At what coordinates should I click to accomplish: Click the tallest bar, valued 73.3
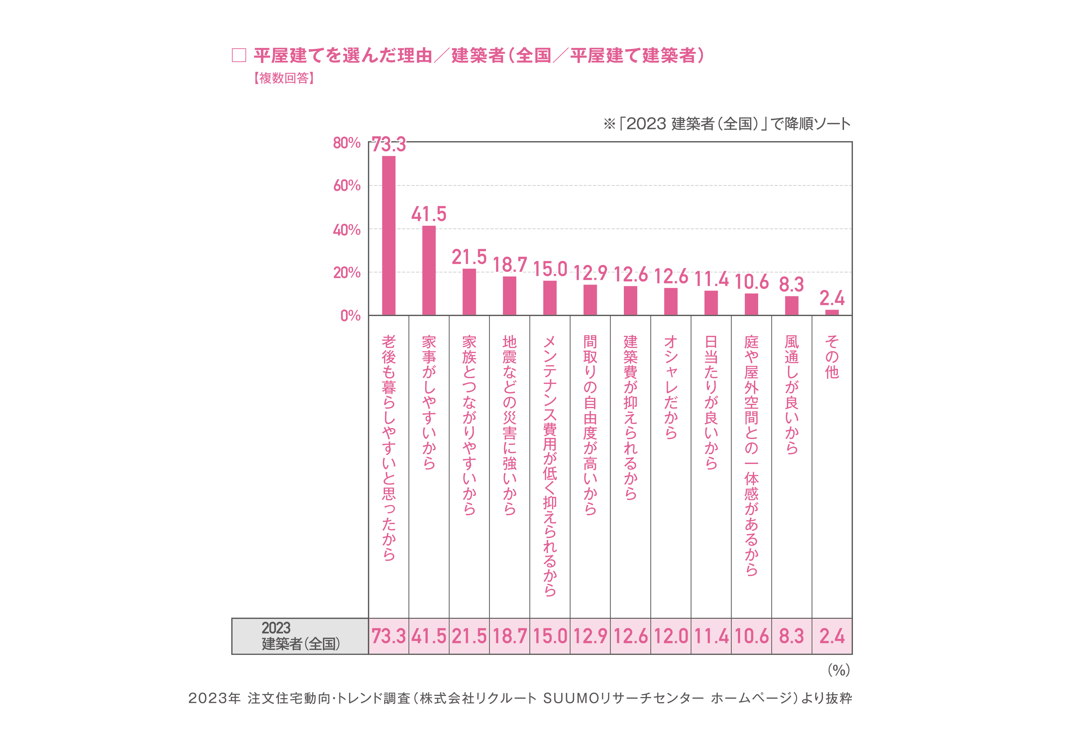pos(388,235)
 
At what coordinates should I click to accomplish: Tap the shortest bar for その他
pos(832,312)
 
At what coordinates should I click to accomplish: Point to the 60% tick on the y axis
pos(347,186)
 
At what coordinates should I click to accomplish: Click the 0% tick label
pos(351,316)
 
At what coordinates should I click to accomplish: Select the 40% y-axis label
pos(347,230)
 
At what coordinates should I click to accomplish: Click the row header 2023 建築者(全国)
pos(300,636)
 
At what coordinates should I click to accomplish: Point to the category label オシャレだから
pos(671,387)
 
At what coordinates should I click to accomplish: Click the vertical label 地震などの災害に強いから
pos(509,425)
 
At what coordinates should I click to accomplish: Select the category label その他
pos(832,356)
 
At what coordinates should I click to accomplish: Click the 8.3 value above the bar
pos(792,284)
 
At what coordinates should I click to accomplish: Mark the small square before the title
pos(239,55)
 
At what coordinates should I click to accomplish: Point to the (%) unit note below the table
pos(839,670)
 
